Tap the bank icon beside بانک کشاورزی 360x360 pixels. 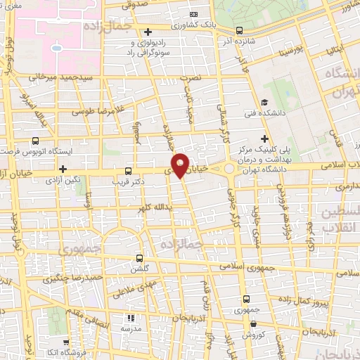pos(194,13)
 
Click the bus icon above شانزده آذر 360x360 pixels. pos(240,30)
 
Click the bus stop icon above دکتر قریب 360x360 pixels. pos(128,170)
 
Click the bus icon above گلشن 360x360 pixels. pos(139,258)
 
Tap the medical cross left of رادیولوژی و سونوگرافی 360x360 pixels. pos(148,32)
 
